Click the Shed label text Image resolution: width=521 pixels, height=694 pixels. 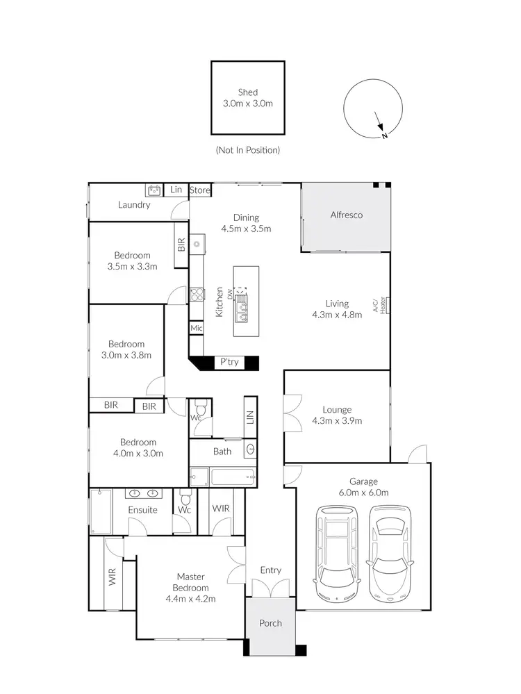click(247, 92)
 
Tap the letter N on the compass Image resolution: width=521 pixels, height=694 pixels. click(384, 135)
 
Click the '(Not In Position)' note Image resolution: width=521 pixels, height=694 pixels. click(247, 149)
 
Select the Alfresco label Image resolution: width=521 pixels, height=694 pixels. click(346, 215)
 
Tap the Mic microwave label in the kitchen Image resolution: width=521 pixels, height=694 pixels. click(196, 328)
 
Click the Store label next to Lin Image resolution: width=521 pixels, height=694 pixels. click(200, 190)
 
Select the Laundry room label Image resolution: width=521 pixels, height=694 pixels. click(134, 205)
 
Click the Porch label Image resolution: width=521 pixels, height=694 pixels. click(270, 623)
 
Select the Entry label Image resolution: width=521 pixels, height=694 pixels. click(270, 570)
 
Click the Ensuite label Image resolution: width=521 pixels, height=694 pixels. click(142, 510)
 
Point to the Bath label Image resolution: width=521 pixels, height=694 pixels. click(222, 452)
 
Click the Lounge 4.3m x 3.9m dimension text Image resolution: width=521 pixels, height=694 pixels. click(337, 420)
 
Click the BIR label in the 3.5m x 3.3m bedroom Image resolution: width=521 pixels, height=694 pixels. click(181, 245)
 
